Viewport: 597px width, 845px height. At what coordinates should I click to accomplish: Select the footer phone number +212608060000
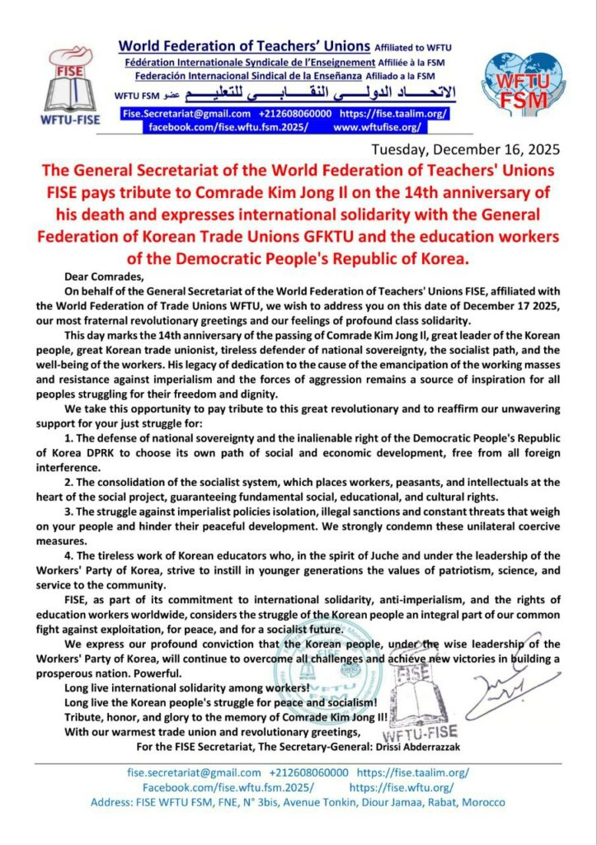click(309, 772)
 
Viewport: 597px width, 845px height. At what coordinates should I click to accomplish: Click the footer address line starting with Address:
click(298, 801)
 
